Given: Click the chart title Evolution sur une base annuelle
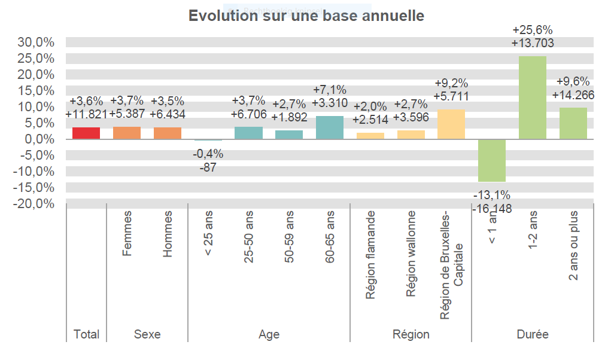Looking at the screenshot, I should tap(306, 16).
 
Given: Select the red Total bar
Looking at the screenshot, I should tap(86, 133).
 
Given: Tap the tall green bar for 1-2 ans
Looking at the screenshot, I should tap(532, 97).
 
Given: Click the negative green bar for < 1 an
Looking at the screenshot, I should tap(491, 160).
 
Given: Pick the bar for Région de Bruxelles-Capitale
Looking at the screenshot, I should tap(451, 124).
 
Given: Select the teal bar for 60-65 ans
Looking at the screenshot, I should tap(330, 127).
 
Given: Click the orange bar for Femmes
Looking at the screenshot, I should tap(127, 133).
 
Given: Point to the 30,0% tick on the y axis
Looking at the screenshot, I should tap(37, 42).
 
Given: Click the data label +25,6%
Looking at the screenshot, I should tap(532, 30).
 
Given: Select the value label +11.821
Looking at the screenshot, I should tap(86, 114).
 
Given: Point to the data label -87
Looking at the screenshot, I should tap(208, 167).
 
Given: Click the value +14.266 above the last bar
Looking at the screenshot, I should tap(573, 94).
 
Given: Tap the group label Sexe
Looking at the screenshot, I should tap(147, 334).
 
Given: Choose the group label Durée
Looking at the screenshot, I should tap(532, 334).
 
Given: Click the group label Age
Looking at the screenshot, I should tap(269, 334).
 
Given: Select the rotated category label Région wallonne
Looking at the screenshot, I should tap(411, 254).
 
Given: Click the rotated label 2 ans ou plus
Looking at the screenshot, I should tap(573, 246).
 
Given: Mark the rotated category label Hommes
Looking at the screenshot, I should tap(168, 234).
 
